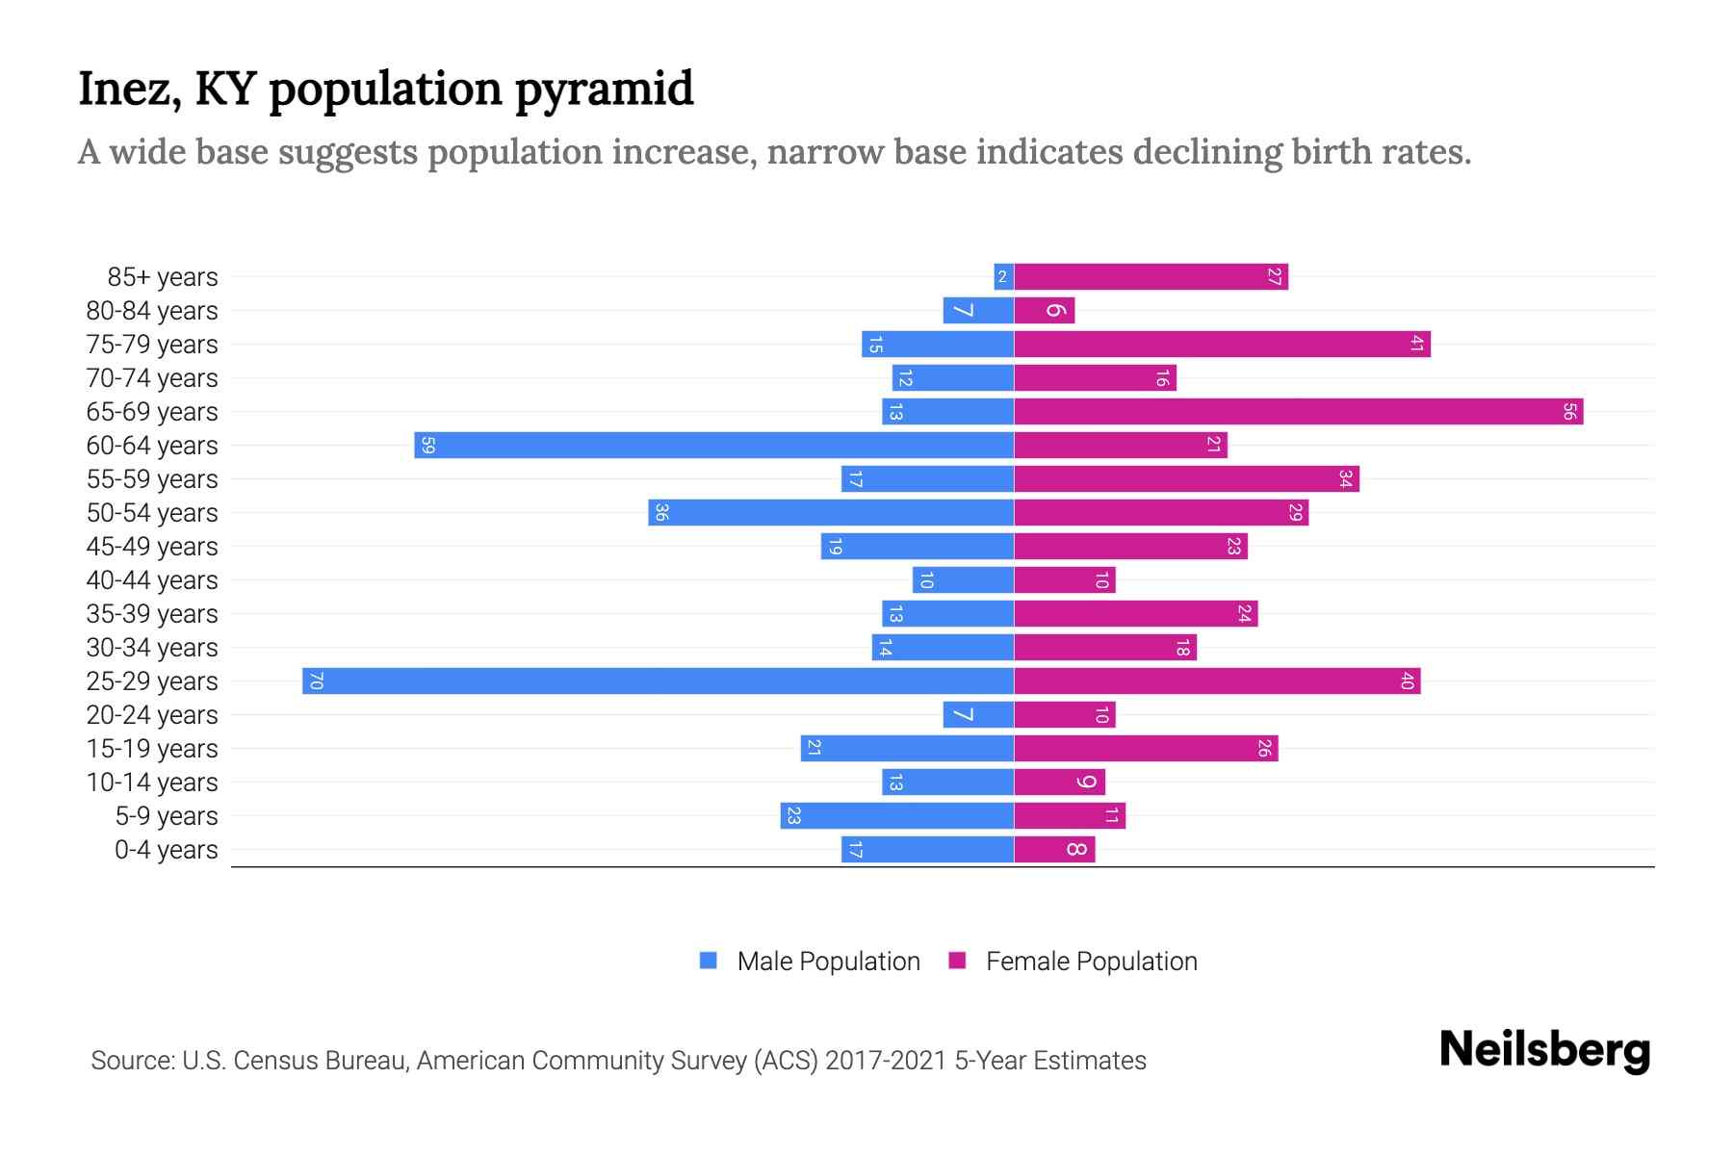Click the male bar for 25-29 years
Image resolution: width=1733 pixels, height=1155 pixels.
658,681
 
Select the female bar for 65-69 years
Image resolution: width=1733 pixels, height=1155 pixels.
1298,412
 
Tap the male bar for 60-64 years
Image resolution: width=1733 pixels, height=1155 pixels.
713,446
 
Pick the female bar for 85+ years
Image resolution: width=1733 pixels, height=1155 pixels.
1151,277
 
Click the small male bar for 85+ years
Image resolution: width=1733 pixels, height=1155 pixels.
1003,277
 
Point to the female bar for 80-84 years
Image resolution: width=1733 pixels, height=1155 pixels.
1044,311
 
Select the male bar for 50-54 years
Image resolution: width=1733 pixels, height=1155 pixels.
831,513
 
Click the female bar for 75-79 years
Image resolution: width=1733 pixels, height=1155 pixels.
1222,345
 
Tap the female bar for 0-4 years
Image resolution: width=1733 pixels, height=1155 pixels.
1054,850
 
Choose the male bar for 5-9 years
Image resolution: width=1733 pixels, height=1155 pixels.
896,816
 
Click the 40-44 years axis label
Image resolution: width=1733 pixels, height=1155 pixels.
152,580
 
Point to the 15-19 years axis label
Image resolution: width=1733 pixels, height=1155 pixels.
152,749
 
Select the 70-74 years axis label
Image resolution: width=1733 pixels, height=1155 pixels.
152,378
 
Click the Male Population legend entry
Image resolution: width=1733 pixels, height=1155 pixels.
827,962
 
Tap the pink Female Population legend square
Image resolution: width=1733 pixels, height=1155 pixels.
957,961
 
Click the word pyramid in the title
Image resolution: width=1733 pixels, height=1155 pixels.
604,90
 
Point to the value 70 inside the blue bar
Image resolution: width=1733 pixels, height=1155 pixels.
316,681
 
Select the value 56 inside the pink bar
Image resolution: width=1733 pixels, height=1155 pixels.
1569,412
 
